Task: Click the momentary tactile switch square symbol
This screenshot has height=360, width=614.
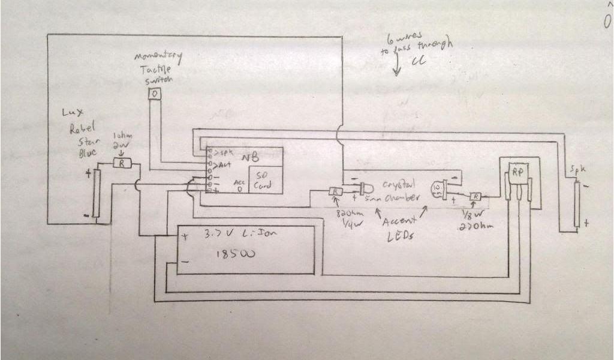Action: (x=155, y=94)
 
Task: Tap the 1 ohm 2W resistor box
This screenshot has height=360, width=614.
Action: (x=122, y=163)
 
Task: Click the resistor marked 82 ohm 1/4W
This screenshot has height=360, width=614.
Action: (x=335, y=191)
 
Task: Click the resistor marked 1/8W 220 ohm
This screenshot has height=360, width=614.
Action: (x=475, y=196)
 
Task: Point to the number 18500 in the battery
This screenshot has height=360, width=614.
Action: (x=234, y=253)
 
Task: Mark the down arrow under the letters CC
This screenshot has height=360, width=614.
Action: (x=396, y=70)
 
